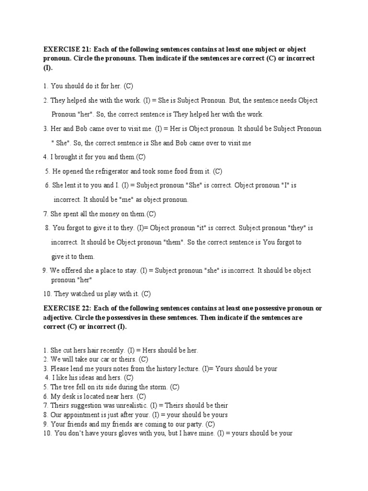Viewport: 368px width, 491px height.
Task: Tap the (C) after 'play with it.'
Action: [x=146, y=293]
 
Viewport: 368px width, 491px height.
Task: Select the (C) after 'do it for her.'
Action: [x=128, y=86]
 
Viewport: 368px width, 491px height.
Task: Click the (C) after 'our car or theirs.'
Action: [x=143, y=360]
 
